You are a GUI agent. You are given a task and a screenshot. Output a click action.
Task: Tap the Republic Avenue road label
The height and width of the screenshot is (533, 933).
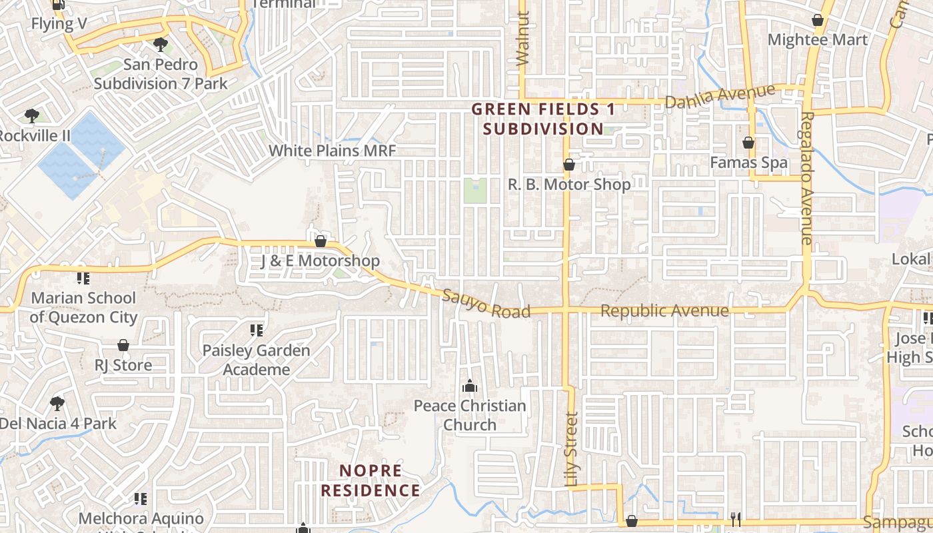click(664, 311)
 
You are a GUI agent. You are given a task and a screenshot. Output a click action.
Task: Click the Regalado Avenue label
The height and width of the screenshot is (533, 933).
click(807, 179)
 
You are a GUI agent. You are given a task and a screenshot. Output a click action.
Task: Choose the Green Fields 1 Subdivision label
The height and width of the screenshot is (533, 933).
click(543, 119)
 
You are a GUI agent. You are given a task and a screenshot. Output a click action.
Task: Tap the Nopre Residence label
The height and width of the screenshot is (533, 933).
click(371, 480)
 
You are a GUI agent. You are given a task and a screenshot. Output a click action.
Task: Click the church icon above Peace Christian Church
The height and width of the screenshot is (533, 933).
click(470, 386)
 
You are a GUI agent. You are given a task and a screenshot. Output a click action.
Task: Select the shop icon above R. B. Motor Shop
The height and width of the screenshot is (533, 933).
click(569, 165)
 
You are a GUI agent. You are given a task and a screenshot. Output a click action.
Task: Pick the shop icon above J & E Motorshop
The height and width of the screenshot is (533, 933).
click(321, 241)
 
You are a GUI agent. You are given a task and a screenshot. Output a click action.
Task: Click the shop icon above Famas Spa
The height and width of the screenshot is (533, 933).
click(748, 143)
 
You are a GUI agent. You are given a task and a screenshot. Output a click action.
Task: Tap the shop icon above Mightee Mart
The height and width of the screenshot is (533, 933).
click(818, 21)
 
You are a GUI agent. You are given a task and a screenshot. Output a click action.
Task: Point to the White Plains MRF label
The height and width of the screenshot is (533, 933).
click(332, 151)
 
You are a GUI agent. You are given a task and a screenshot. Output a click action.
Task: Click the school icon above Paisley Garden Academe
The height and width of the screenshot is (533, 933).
click(257, 330)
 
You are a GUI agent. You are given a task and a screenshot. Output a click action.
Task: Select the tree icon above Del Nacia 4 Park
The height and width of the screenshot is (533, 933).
click(57, 403)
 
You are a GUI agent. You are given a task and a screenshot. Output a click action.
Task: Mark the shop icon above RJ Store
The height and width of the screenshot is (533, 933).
click(123, 345)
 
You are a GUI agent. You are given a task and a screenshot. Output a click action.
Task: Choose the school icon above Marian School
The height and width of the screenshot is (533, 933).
click(83, 278)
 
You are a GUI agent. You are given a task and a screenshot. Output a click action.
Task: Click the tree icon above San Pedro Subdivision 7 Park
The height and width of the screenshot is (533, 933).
click(160, 45)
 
